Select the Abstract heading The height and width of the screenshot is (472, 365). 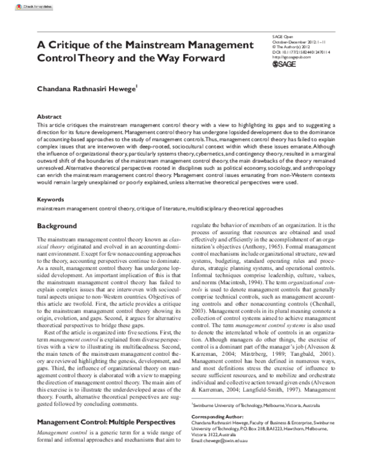(x=49, y=116)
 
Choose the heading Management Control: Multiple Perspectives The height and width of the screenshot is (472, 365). (x=104, y=404)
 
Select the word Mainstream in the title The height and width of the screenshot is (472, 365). (x=151, y=46)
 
